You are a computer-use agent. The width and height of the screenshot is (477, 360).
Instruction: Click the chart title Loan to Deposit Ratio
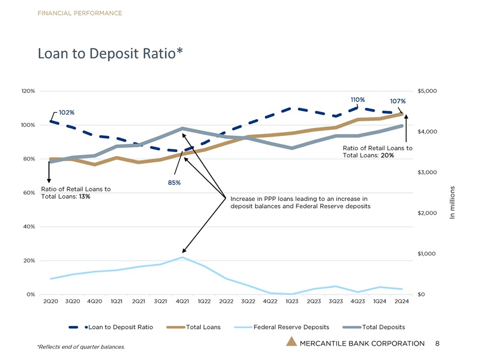109,54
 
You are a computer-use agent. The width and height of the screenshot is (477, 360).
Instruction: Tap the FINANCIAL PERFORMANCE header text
80,13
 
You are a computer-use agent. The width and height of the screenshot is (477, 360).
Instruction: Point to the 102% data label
66,113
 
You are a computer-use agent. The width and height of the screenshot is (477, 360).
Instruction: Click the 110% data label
357,99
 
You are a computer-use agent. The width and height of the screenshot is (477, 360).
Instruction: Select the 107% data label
398,101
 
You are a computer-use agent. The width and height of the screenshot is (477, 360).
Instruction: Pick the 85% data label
174,182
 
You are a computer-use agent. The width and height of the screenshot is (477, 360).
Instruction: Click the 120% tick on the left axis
28,91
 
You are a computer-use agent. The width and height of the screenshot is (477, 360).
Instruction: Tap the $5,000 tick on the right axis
428,91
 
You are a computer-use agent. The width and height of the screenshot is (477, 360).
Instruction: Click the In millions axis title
453,203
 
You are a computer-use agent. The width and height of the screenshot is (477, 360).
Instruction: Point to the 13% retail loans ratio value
84,197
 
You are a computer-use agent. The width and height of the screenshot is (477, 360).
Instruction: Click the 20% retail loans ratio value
387,156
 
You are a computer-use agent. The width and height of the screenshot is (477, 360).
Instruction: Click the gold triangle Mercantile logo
291,342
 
